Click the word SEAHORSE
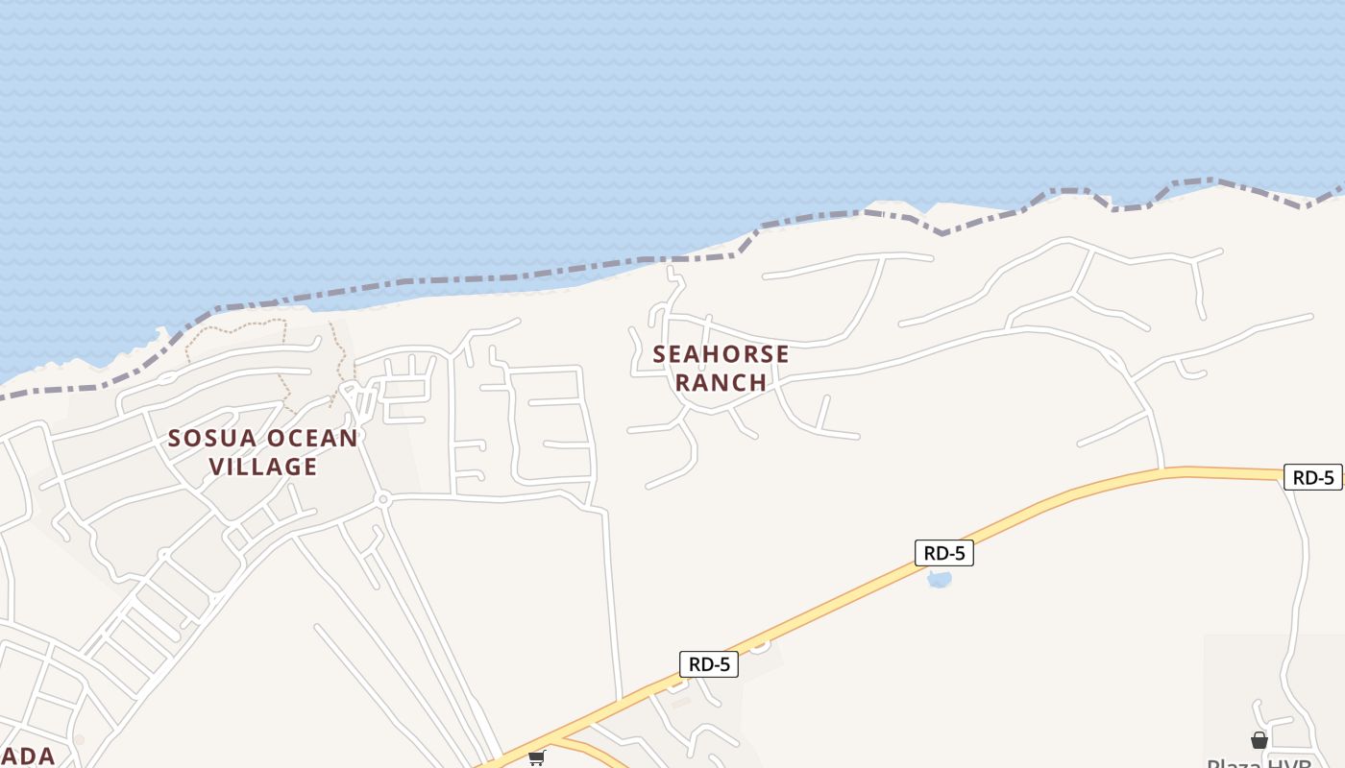pyautogui.click(x=721, y=354)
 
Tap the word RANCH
pyautogui.click(x=721, y=382)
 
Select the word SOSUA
pyautogui.click(x=212, y=439)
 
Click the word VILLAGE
pyautogui.click(x=263, y=467)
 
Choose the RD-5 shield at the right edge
pyautogui.click(x=1312, y=477)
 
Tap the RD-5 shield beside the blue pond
pyautogui.click(x=943, y=553)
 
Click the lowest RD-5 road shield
pyautogui.click(x=709, y=664)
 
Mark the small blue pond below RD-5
pyautogui.click(x=939, y=579)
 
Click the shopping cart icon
pyautogui.click(x=536, y=758)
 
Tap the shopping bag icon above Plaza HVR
pyautogui.click(x=1259, y=740)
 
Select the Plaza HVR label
pyautogui.click(x=1259, y=762)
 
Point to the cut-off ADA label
pyautogui.click(x=27, y=756)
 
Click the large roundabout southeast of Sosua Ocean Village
pyautogui.click(x=383, y=499)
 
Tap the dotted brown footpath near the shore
pyautogui.click(x=231, y=327)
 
